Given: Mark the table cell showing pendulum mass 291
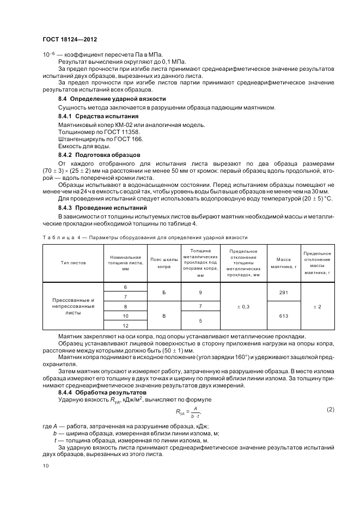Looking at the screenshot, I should coord(284,292).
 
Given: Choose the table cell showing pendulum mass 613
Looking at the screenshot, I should coord(284,316).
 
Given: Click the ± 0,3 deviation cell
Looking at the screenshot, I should coord(243,307).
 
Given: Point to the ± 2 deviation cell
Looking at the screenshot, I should coord(317,307).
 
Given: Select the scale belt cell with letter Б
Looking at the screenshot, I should coord(164,292).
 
